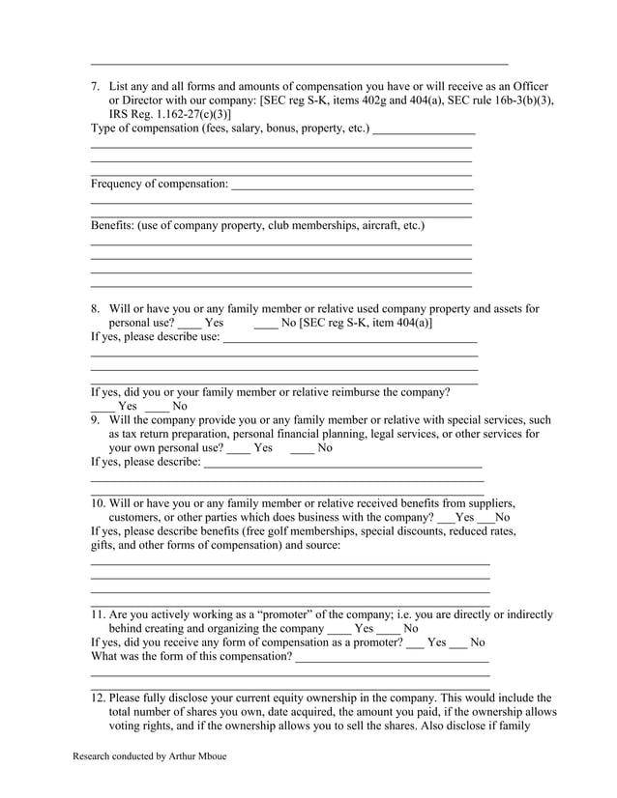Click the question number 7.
[x=96, y=86]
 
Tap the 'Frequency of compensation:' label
[x=160, y=184]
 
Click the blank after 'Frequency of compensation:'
[x=352, y=185]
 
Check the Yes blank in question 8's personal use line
[x=191, y=324]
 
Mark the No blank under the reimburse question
[x=157, y=408]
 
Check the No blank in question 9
[x=302, y=449]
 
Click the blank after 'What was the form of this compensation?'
[x=392, y=659]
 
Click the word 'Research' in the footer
[x=96, y=756]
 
